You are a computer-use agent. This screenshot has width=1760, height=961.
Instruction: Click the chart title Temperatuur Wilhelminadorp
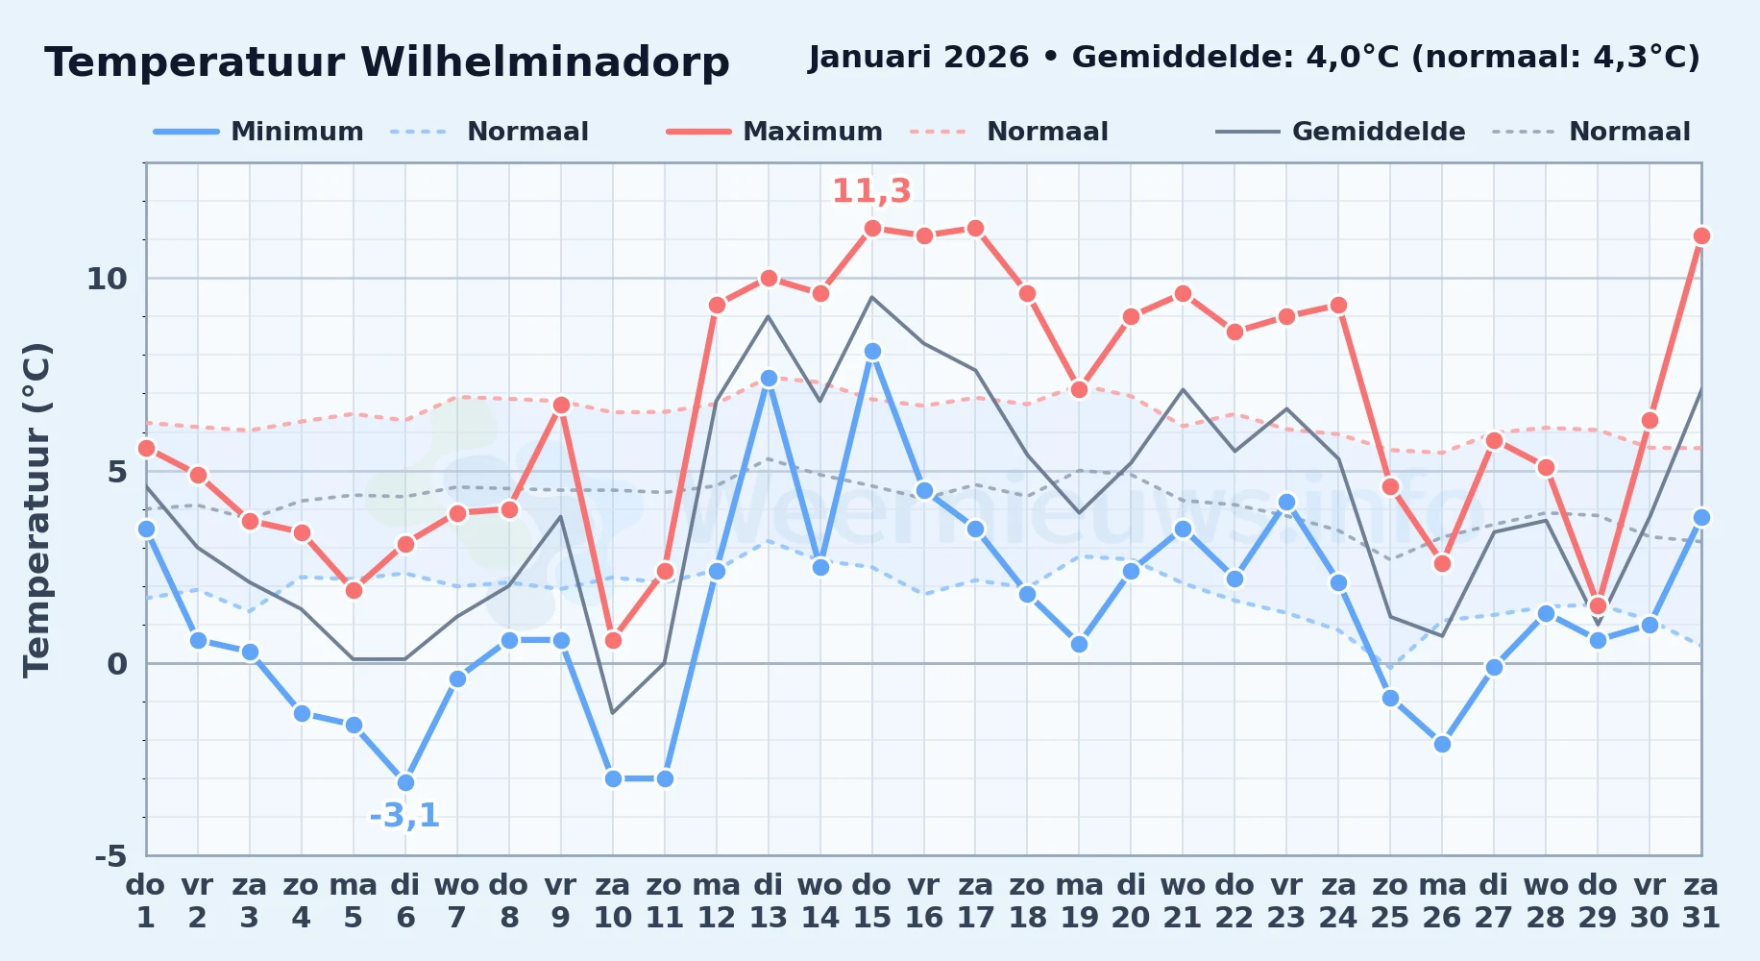pos(387,62)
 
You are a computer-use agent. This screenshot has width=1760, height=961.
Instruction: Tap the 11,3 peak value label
pos(871,191)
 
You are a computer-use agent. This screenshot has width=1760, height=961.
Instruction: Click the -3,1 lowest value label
pos(404,816)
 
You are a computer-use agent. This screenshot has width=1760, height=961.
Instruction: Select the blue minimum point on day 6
pos(405,782)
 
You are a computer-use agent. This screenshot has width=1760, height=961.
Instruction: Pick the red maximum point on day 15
pos(872,228)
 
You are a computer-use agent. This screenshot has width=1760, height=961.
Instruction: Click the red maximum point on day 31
pos(1701,235)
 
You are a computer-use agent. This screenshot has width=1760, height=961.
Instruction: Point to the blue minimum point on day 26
pos(1442,744)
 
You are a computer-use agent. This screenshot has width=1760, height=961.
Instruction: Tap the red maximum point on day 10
pos(613,640)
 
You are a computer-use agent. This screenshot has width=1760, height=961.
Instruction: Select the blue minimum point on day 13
pos(769,379)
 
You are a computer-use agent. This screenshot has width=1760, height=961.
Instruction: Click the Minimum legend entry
pos(258,132)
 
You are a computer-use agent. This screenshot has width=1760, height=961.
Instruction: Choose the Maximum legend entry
pos(774,132)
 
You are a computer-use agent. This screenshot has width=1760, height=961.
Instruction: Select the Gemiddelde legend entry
pos(1340,132)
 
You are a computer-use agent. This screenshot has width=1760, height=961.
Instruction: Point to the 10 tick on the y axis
pos(107,279)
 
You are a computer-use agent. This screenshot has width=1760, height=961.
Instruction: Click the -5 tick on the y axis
pos(110,855)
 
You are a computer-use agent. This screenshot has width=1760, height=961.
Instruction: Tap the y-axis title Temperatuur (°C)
pos(37,509)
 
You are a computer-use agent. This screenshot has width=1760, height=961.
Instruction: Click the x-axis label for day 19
pos(1079,901)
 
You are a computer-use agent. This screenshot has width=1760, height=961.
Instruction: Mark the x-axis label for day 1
pos(146,901)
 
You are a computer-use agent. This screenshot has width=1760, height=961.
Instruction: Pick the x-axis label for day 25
pos(1390,901)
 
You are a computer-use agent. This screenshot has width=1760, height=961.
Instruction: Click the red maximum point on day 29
pos(1598,605)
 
